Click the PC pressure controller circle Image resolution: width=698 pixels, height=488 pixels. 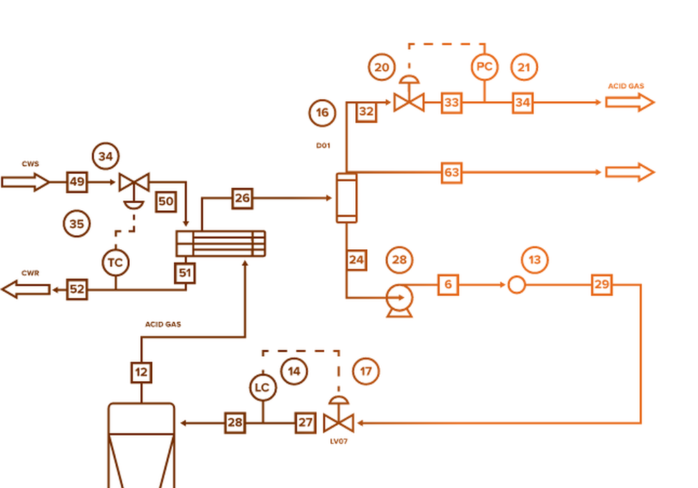[x=484, y=67]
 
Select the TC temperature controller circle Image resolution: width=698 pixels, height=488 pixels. [x=115, y=263]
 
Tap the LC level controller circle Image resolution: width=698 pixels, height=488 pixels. [x=262, y=387]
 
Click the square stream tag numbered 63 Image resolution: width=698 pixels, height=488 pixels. [x=452, y=172]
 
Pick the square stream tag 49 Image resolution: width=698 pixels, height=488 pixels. [x=77, y=182]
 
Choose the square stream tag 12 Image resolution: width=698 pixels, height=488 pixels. [x=142, y=372]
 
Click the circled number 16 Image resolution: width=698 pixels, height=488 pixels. [x=322, y=112]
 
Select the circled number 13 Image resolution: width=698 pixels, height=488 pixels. [x=535, y=260]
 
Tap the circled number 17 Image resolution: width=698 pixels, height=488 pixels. [x=366, y=371]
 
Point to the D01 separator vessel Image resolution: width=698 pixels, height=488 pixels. [x=346, y=198]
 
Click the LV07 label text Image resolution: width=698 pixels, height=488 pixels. [x=339, y=441]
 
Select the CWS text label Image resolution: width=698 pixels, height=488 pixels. [x=30, y=164]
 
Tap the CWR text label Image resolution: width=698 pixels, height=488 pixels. [x=29, y=272]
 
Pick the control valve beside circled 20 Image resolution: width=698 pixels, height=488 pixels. [x=408, y=101]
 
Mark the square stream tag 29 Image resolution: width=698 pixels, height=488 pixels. [x=602, y=284]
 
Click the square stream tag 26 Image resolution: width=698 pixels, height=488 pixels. [x=242, y=198]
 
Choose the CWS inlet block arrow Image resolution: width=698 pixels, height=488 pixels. [x=25, y=182]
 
